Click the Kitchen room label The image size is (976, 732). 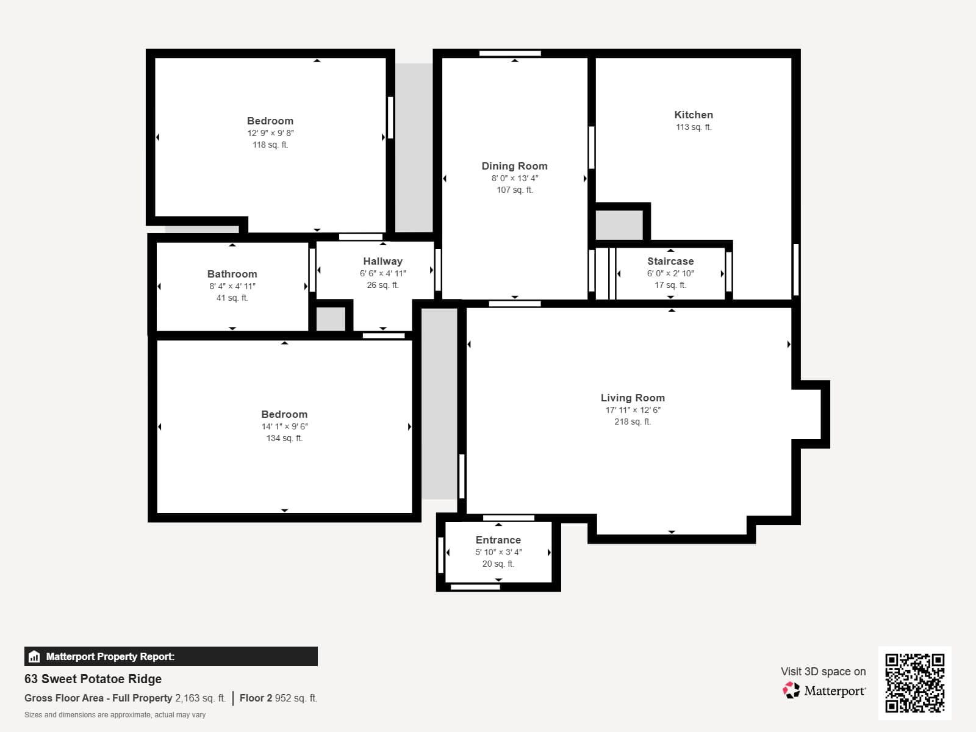694,115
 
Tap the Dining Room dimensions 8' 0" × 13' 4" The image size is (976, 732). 515,178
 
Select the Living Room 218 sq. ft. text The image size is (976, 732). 633,422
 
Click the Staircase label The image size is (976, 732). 670,261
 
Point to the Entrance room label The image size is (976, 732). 498,540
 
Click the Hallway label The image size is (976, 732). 382,261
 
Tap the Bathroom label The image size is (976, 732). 232,274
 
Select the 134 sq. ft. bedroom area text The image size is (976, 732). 284,438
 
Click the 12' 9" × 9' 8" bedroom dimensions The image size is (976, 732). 270,133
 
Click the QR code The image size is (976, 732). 914,683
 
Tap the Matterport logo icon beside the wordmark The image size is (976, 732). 791,691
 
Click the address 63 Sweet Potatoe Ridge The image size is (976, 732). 93,679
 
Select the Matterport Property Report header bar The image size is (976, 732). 171,656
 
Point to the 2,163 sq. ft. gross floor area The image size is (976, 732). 200,698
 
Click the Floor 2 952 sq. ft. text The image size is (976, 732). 278,698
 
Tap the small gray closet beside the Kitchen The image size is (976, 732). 619,225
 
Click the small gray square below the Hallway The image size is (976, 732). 331,319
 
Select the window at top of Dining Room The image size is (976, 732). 510,54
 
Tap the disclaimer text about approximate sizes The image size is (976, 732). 115,715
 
